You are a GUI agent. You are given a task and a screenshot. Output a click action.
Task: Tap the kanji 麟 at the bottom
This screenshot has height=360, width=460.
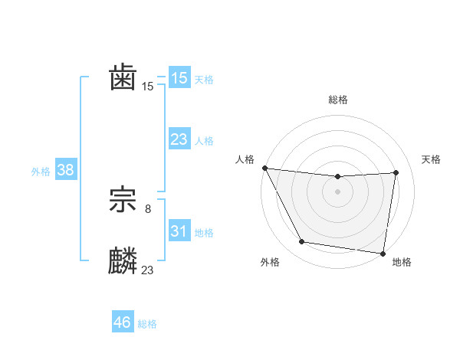123,261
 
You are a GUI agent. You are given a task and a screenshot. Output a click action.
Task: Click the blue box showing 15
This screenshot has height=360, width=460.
179,78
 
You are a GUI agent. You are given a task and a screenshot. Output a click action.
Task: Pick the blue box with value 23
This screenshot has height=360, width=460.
179,139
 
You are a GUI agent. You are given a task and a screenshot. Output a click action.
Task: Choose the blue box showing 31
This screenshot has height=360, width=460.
179,231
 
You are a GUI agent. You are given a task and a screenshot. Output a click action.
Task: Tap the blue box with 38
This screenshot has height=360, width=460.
65,170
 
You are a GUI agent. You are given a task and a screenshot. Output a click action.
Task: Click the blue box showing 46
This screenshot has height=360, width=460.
123,322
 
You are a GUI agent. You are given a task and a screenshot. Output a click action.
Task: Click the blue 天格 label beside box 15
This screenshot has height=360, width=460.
204,80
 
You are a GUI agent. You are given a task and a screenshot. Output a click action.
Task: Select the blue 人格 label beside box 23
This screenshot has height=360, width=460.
204,141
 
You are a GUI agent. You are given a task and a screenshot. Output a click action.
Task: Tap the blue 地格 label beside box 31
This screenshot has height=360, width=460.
204,232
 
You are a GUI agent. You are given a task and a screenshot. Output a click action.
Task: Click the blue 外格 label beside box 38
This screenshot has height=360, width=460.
41,172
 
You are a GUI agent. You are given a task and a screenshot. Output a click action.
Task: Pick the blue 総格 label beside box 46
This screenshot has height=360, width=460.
147,324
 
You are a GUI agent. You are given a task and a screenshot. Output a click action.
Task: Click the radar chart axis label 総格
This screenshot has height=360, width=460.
337,100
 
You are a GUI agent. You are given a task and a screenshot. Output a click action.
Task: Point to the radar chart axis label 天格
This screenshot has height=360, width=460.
431,159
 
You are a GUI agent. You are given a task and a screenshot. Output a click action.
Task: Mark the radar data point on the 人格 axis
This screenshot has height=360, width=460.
264,168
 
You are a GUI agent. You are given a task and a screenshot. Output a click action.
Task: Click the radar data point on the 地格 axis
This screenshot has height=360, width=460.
383,253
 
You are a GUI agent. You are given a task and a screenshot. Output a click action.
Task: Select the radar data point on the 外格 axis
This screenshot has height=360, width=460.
302,242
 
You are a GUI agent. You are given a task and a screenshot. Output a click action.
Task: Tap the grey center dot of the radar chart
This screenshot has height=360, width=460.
337,191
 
